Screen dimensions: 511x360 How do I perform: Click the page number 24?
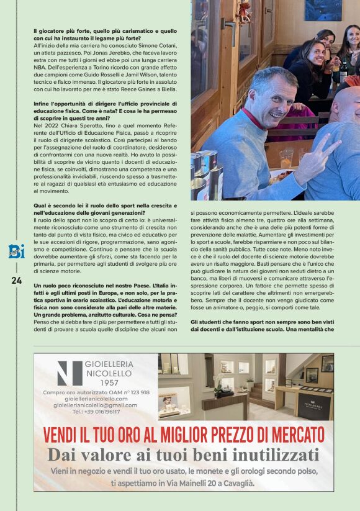tap(16, 280)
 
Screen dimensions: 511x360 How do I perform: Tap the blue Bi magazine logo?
tap(16, 251)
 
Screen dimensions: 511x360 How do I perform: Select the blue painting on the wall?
tap(323, 9)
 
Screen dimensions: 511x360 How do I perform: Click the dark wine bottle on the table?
tap(343, 71)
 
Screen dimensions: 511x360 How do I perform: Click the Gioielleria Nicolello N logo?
tap(70, 373)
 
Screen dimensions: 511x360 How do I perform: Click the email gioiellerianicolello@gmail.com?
tap(95, 405)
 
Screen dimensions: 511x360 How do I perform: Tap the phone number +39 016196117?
tap(96, 411)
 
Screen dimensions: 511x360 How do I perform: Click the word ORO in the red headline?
tap(126, 433)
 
